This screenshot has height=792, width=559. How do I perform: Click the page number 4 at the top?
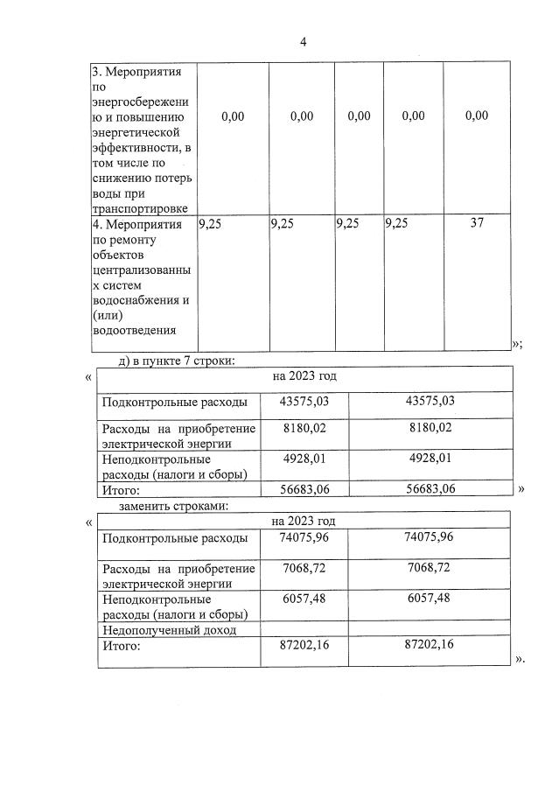(303, 41)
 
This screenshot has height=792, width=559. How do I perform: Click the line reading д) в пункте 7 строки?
(177, 360)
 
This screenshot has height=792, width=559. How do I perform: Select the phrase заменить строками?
(174, 506)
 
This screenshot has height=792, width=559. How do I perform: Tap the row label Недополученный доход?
(169, 630)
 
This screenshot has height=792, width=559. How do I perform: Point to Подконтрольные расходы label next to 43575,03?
(174, 402)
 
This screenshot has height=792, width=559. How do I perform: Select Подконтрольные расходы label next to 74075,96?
(174, 538)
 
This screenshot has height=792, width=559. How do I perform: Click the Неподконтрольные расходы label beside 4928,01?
(174, 466)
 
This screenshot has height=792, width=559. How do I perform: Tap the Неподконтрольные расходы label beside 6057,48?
(174, 606)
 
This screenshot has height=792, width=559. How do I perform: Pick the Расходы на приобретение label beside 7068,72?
(178, 576)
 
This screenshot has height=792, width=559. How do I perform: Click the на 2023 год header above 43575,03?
(304, 376)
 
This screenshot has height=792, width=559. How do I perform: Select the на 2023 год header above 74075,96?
(304, 521)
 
